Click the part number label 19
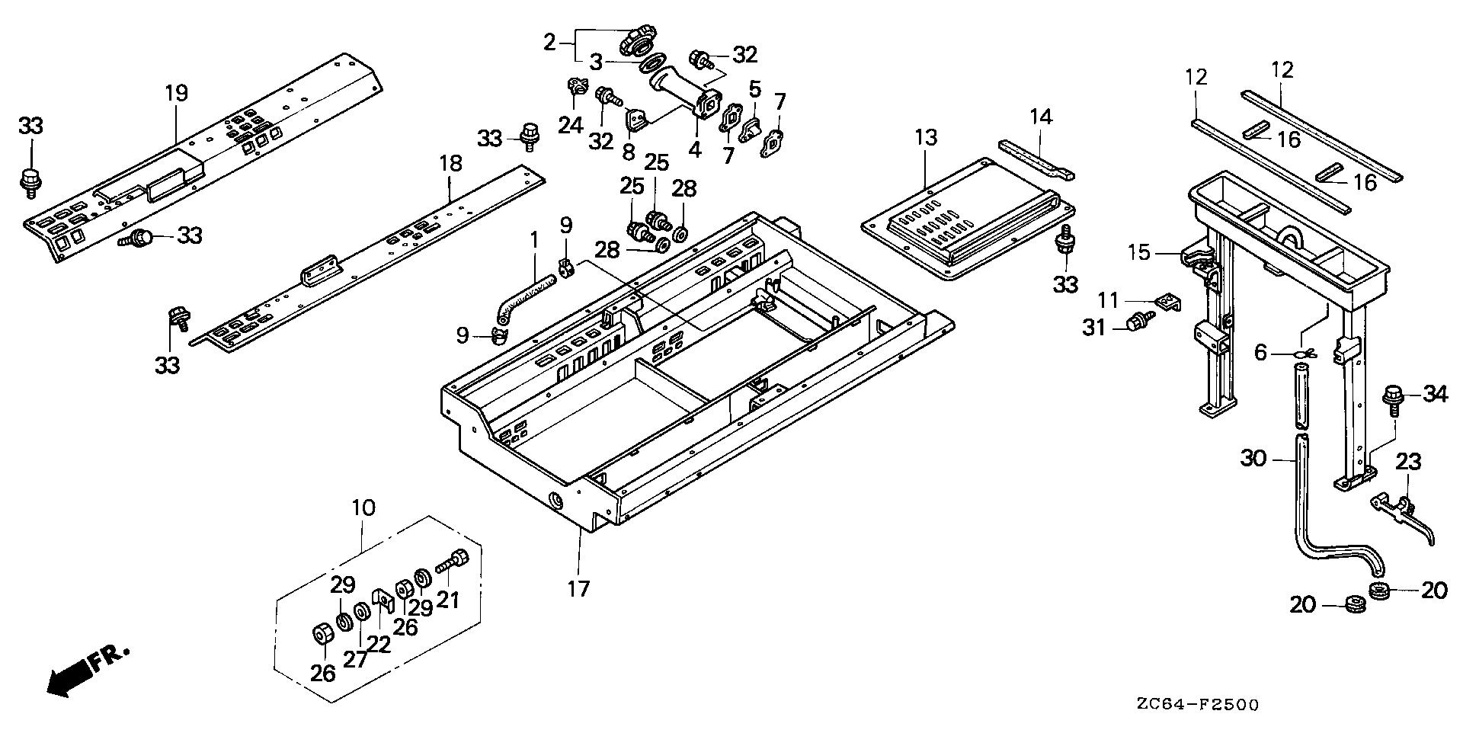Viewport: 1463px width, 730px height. click(x=176, y=94)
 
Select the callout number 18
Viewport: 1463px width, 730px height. click(x=450, y=164)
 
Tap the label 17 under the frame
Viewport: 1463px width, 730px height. click(x=578, y=588)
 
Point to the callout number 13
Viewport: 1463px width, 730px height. click(x=925, y=139)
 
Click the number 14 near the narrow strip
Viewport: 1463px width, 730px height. click(x=1041, y=117)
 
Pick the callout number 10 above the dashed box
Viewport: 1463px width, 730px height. click(x=363, y=508)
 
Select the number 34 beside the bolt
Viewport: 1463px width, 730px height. click(x=1435, y=395)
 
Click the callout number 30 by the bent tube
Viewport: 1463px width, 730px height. click(x=1253, y=459)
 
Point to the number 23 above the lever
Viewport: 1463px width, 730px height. click(x=1409, y=463)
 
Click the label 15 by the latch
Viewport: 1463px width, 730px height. click(x=1139, y=252)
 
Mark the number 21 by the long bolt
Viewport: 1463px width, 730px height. click(x=447, y=600)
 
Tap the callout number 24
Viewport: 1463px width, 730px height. click(x=570, y=124)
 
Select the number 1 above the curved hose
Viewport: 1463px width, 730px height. click(x=534, y=241)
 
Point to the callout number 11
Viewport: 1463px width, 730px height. click(x=1110, y=299)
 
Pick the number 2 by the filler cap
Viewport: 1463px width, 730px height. click(x=550, y=43)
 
